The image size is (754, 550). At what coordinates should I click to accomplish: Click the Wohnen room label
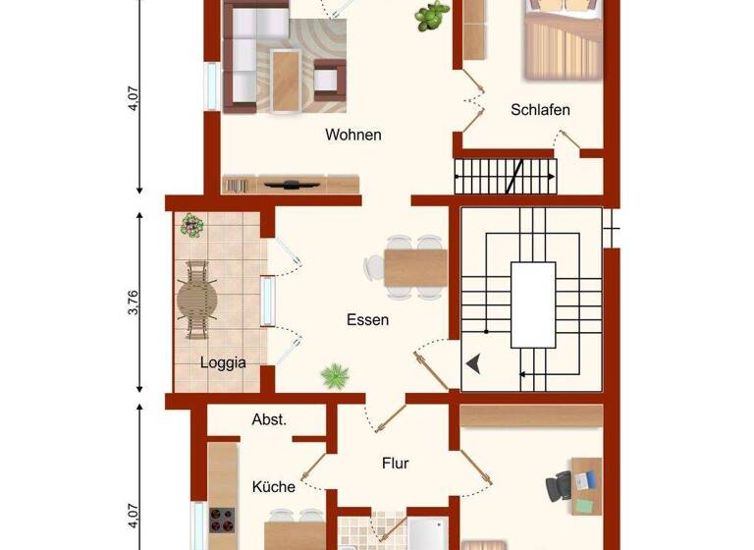point(353,135)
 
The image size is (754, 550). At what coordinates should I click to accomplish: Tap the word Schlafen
point(540,110)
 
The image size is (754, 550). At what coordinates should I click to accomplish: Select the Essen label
point(367,319)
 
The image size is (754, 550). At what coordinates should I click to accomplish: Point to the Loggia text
point(223,361)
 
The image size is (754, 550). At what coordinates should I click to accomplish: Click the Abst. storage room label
point(269,419)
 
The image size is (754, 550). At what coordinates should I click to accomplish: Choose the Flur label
point(395,464)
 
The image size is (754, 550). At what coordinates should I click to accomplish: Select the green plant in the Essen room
point(336,374)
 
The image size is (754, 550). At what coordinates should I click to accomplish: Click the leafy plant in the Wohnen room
point(430,15)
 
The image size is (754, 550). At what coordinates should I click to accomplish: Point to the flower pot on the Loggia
point(191,225)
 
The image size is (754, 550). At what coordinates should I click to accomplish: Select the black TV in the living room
point(292,183)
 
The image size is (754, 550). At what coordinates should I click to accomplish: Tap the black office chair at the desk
point(559,484)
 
